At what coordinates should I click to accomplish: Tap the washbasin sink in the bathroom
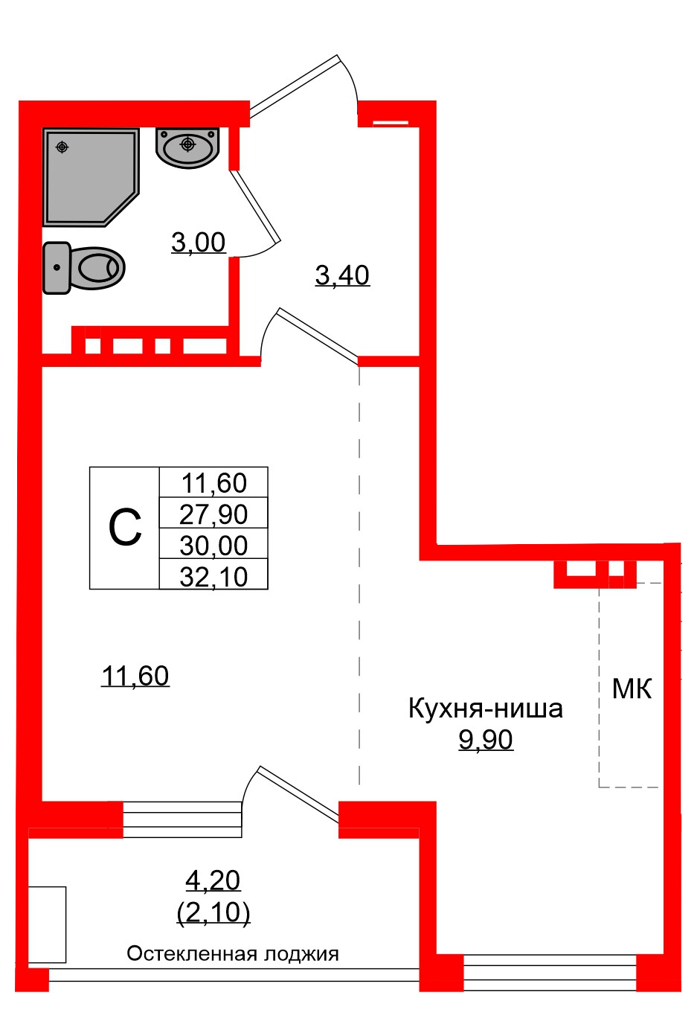[187, 147]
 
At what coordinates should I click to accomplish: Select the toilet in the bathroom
[83, 267]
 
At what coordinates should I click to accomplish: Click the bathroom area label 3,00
[198, 243]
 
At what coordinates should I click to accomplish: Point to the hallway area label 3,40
[342, 275]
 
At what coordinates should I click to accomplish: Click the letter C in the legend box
[124, 528]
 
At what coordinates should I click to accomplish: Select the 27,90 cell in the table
[213, 514]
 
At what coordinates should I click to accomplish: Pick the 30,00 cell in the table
[213, 546]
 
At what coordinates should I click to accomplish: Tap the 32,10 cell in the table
[213, 577]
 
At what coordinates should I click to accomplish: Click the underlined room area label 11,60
[135, 676]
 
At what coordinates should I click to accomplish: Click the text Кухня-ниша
[485, 708]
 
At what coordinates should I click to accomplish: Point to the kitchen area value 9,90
[485, 740]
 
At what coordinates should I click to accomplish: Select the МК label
[632, 689]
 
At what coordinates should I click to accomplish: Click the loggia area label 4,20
[213, 880]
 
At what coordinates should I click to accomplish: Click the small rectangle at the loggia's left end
[47, 924]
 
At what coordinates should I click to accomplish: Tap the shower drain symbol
[62, 147]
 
